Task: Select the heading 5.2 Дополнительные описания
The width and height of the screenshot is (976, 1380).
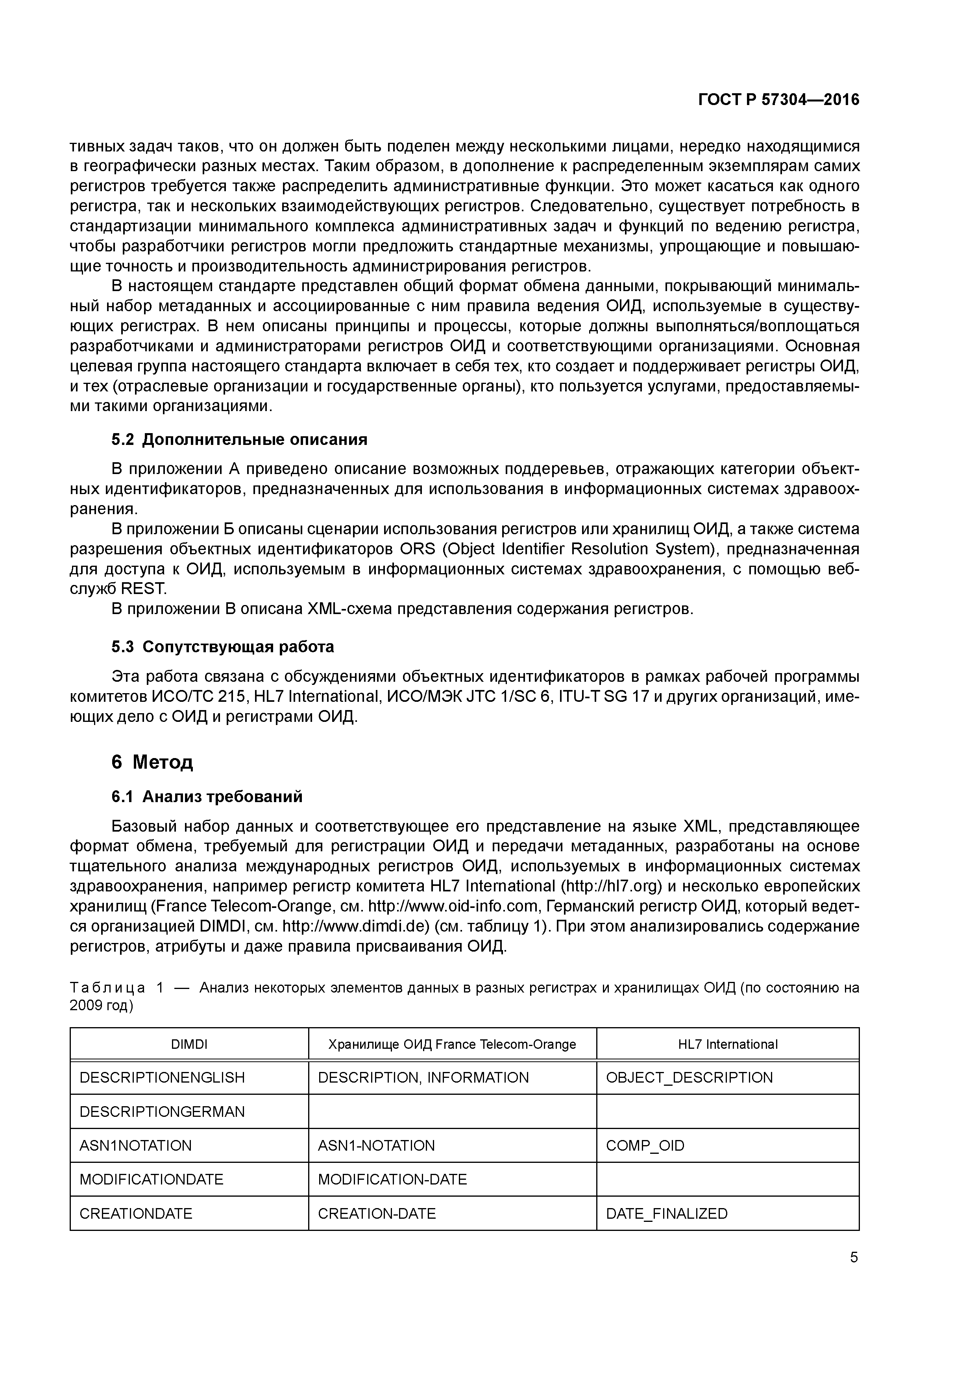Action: [x=239, y=439]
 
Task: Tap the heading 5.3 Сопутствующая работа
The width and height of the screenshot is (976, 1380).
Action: [x=222, y=647]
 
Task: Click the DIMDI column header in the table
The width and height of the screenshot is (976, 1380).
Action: [x=189, y=1044]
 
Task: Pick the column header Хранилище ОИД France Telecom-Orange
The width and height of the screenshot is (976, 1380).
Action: [x=452, y=1044]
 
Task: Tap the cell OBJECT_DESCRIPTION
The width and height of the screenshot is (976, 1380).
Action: [x=689, y=1077]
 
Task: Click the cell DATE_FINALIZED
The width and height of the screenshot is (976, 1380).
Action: [x=666, y=1214]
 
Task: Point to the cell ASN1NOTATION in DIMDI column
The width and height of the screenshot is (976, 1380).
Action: [x=135, y=1146]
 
